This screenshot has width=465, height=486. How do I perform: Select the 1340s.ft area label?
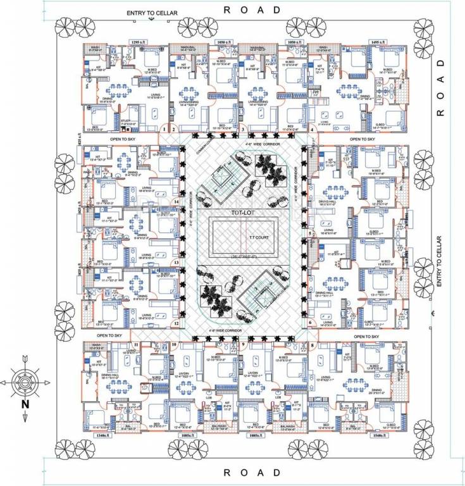(x=102, y=436)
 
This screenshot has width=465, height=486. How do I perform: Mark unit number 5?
(x=310, y=233)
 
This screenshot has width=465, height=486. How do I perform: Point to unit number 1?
(x=164, y=129)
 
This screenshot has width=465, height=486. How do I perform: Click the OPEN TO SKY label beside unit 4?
(x=363, y=139)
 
